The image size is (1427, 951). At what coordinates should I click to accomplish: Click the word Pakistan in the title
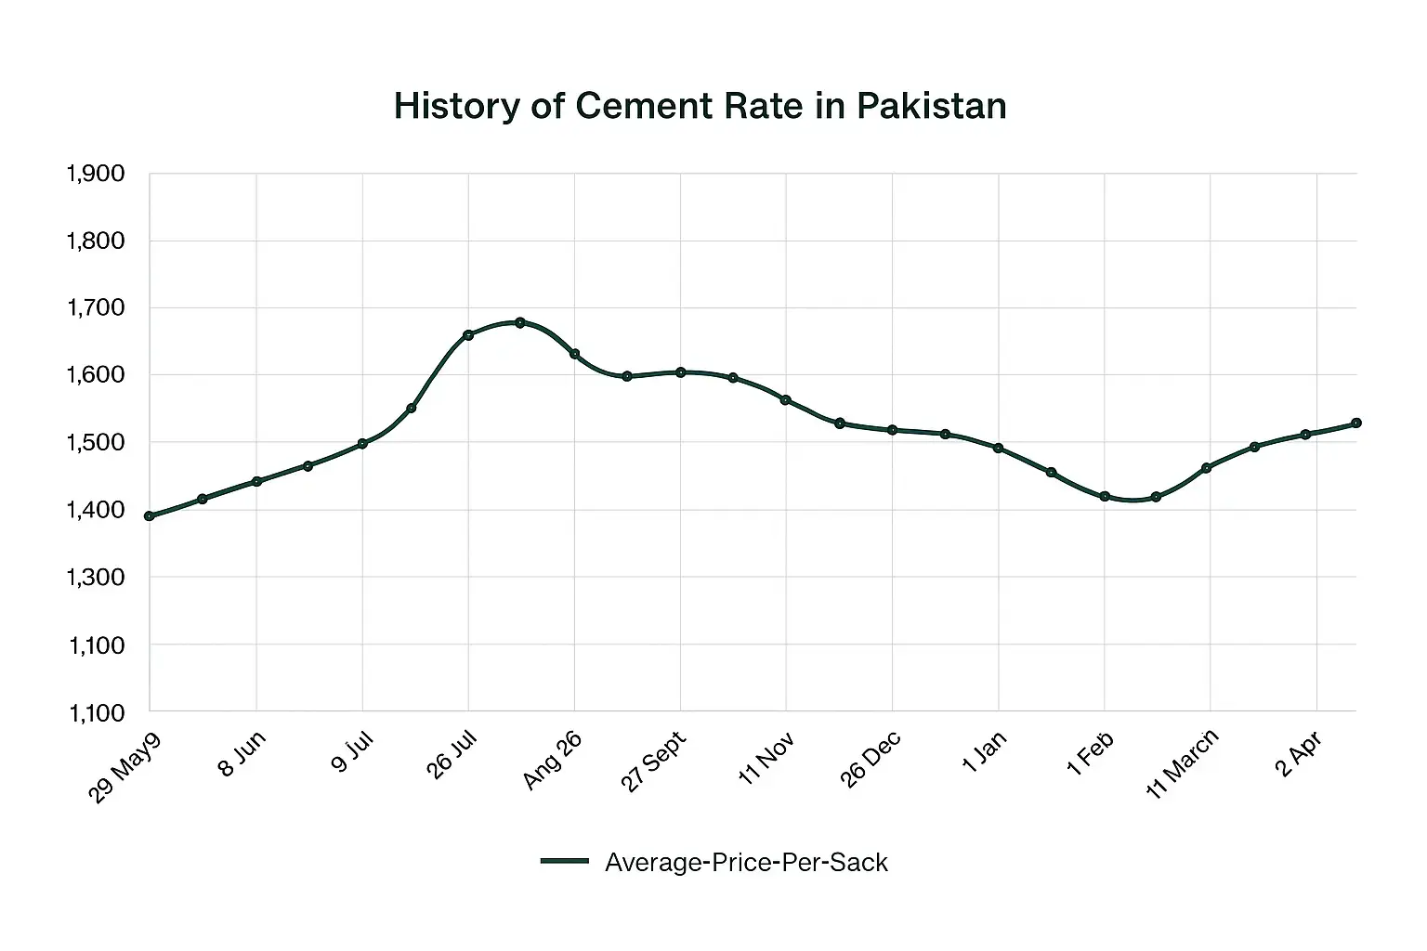click(x=931, y=106)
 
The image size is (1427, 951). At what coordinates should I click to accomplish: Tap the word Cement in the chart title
click(x=641, y=106)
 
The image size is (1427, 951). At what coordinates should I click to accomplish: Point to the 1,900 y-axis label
click(x=96, y=174)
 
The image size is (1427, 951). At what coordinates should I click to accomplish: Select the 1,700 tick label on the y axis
click(x=96, y=307)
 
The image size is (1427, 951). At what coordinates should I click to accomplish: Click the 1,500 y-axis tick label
click(x=96, y=442)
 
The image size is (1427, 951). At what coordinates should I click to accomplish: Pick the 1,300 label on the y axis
click(x=96, y=577)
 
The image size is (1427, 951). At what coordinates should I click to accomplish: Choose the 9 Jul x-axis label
click(x=352, y=752)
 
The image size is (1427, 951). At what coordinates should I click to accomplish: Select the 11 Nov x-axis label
click(x=766, y=758)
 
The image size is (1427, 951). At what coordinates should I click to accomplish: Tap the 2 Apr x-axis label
click(x=1299, y=754)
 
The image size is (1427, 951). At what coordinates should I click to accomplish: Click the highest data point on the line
click(x=520, y=322)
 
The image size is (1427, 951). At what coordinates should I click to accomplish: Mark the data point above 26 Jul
click(x=468, y=334)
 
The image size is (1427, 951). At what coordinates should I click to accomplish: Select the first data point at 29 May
click(x=150, y=515)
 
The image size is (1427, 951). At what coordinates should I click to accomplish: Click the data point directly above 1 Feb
click(x=1105, y=496)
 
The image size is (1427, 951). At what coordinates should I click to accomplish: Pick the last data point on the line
click(x=1356, y=423)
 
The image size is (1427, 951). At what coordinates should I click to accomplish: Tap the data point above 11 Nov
click(x=786, y=400)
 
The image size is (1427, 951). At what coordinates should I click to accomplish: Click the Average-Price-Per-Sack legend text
click(x=746, y=863)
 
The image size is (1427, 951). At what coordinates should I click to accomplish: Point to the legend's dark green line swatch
click(x=565, y=862)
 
